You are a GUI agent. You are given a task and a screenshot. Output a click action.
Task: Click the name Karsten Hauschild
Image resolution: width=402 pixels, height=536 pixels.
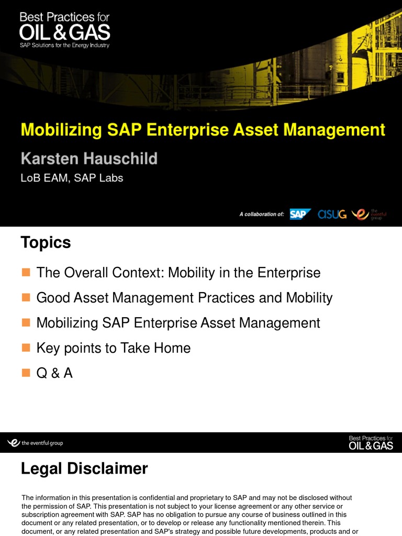pyautogui.click(x=89, y=158)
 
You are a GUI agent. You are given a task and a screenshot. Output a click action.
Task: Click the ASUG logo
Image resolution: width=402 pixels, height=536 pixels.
pyautogui.click(x=332, y=214)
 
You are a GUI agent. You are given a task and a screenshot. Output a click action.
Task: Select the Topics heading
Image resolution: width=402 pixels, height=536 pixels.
pyautogui.click(x=46, y=243)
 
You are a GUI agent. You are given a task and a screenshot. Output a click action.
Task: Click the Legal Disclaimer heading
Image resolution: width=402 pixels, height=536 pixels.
pyautogui.click(x=84, y=468)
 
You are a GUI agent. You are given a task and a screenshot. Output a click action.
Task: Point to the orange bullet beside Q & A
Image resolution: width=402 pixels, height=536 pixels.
pyautogui.click(x=26, y=373)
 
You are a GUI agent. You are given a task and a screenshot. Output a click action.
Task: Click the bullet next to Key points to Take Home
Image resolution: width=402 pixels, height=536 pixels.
pyautogui.click(x=26, y=348)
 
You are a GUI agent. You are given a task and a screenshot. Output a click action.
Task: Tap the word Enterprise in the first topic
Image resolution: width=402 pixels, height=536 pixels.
pyautogui.click(x=291, y=273)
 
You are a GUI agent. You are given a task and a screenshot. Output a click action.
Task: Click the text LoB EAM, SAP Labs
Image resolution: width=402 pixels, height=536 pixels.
pyautogui.click(x=72, y=178)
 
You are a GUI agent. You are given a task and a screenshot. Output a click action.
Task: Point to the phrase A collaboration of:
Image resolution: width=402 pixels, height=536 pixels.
pyautogui.click(x=262, y=215)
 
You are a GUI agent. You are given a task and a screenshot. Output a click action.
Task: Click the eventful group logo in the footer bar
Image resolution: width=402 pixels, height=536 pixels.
pyautogui.click(x=36, y=443)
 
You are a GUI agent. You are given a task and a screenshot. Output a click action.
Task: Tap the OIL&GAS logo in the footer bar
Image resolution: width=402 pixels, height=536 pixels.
pyautogui.click(x=371, y=443)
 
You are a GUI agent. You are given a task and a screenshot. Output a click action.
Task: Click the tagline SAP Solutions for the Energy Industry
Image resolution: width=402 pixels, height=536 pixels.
pyautogui.click(x=64, y=45)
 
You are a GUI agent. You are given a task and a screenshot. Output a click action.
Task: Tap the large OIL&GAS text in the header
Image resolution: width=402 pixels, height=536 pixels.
pyautogui.click(x=65, y=32)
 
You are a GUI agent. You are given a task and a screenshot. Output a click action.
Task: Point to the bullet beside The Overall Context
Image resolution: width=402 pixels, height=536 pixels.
pyautogui.click(x=26, y=273)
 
